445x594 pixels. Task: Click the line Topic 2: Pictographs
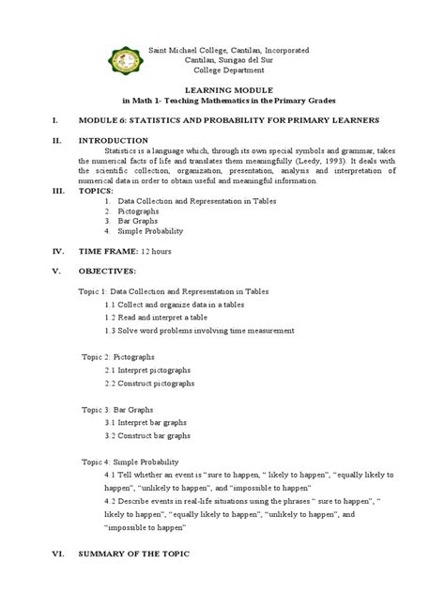(x=118, y=358)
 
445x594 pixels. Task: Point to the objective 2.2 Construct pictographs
(x=150, y=384)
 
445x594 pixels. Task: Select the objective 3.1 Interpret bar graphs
(x=146, y=424)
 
